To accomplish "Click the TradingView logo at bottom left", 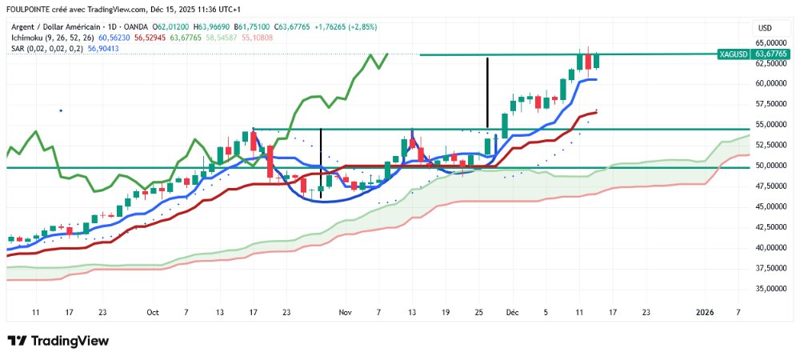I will coord(58,341).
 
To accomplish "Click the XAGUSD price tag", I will coord(734,54).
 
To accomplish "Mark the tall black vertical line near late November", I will coord(487,92).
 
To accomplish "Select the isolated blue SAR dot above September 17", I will coord(61,110).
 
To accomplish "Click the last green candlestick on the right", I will coord(597,59).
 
